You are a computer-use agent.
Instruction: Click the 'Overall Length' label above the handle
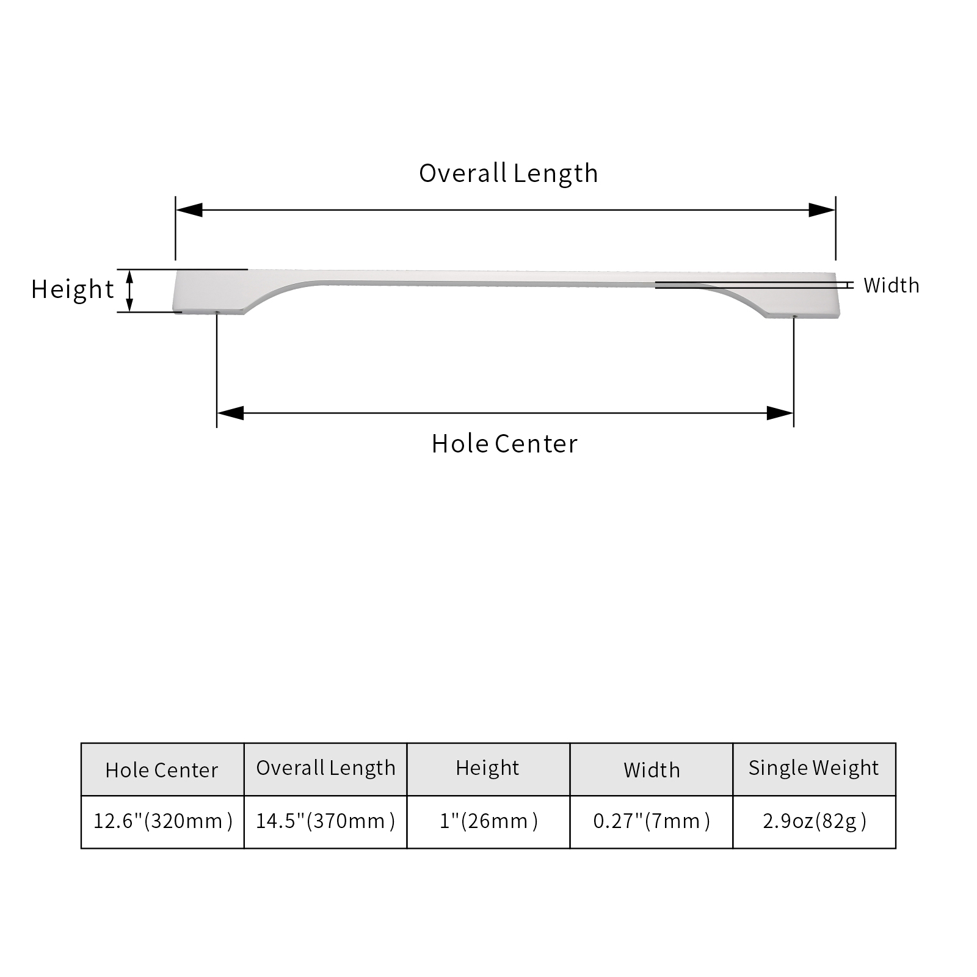(x=508, y=173)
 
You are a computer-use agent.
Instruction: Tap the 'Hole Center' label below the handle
(x=504, y=444)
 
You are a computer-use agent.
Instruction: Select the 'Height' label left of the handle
(x=73, y=289)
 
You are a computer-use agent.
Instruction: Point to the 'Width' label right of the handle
(x=891, y=285)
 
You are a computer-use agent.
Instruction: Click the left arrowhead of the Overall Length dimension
(x=189, y=210)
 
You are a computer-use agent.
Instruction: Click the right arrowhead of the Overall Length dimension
(x=822, y=210)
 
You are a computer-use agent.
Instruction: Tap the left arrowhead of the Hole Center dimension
(x=230, y=413)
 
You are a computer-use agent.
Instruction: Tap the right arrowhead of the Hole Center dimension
(x=780, y=413)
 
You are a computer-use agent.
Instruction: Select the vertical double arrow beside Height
(x=129, y=291)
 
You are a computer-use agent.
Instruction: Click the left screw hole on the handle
(x=217, y=312)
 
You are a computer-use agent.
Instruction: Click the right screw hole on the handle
(x=794, y=316)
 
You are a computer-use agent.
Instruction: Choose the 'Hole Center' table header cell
(x=162, y=769)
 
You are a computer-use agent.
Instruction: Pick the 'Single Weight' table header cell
(x=814, y=769)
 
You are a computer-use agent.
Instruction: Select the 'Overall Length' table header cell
(x=325, y=769)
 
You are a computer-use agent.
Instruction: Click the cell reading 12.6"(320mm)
(x=162, y=822)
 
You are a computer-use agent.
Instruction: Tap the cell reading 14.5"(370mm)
(x=325, y=822)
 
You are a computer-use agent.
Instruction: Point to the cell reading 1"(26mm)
(x=488, y=822)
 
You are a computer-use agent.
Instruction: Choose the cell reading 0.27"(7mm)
(x=652, y=822)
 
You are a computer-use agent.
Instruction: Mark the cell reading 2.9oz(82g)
(x=814, y=822)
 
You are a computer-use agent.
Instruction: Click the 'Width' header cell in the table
(x=652, y=769)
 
